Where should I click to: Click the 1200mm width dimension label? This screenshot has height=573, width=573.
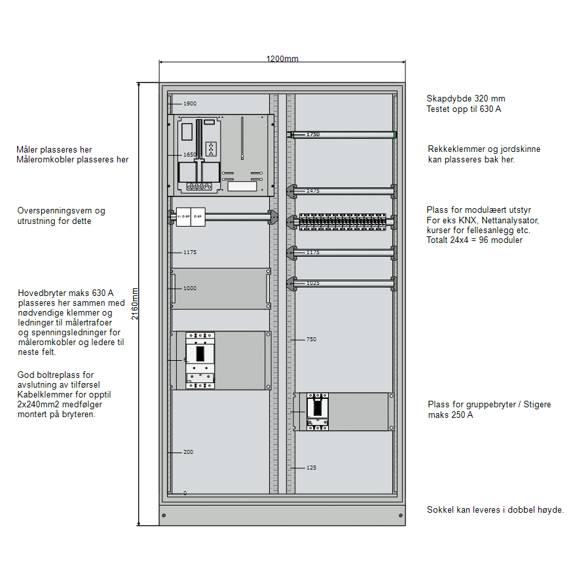tap(282, 59)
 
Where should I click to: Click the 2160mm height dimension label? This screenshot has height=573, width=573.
tap(135, 304)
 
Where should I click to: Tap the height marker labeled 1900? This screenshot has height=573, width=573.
tap(189, 103)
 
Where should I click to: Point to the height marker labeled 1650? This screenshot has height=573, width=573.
tap(189, 155)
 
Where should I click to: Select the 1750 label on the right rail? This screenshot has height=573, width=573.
tap(312, 134)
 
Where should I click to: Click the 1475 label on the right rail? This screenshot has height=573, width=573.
tap(312, 191)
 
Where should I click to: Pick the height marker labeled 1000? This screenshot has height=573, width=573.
tap(189, 288)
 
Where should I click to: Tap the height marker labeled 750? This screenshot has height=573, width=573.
tap(311, 339)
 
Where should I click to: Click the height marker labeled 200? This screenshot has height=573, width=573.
tap(188, 452)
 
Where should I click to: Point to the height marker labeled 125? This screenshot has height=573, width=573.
tap(311, 468)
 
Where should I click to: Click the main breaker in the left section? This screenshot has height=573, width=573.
tap(200, 360)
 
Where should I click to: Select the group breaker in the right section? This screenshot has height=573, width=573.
tap(318, 412)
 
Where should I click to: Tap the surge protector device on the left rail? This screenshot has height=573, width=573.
tap(191, 216)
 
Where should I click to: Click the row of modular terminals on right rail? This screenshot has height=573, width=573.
tap(342, 221)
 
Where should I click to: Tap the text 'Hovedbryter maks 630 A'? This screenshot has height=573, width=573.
tap(65, 293)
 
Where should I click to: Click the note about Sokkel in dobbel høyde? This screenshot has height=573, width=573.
tap(495, 509)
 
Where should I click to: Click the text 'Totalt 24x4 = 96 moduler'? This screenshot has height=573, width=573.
tap(474, 240)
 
